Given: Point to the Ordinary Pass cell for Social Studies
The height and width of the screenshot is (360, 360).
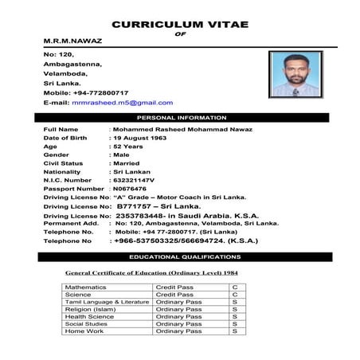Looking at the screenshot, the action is (178, 323).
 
